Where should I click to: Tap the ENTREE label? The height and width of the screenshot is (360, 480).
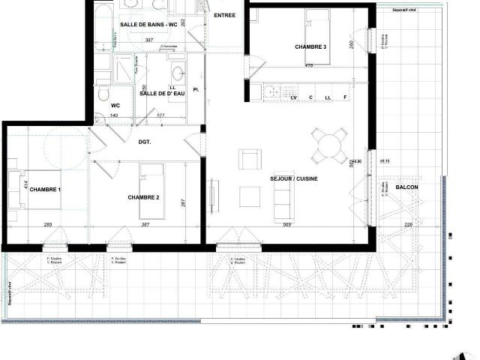tap(224, 16)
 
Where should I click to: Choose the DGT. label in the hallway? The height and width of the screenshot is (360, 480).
tap(145, 142)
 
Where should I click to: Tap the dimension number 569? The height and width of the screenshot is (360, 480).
tap(287, 225)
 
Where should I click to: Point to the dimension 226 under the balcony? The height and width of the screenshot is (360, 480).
tap(409, 225)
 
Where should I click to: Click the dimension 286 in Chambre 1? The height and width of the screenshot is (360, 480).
tap(47, 225)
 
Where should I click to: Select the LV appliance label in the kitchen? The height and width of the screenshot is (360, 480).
tap(293, 97)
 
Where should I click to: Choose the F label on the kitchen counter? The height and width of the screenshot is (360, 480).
tap(345, 97)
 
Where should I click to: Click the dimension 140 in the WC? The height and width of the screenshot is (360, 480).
tap(115, 115)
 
